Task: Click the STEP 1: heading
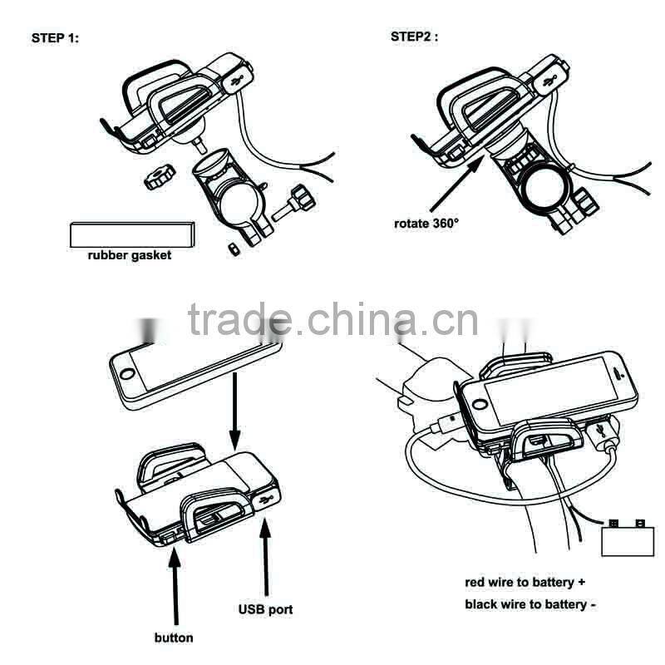pyautogui.click(x=55, y=38)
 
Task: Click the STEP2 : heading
pyautogui.click(x=414, y=37)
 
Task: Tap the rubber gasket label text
pyautogui.click(x=130, y=255)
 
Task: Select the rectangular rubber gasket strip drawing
pyautogui.click(x=133, y=235)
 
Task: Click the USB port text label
pyautogui.click(x=265, y=609)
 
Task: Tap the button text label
pyautogui.click(x=174, y=638)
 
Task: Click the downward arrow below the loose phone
pyautogui.click(x=235, y=411)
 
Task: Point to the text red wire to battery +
pyautogui.click(x=530, y=583)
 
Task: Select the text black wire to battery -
pyautogui.click(x=530, y=604)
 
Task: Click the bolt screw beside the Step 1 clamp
pyautogui.click(x=298, y=202)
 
